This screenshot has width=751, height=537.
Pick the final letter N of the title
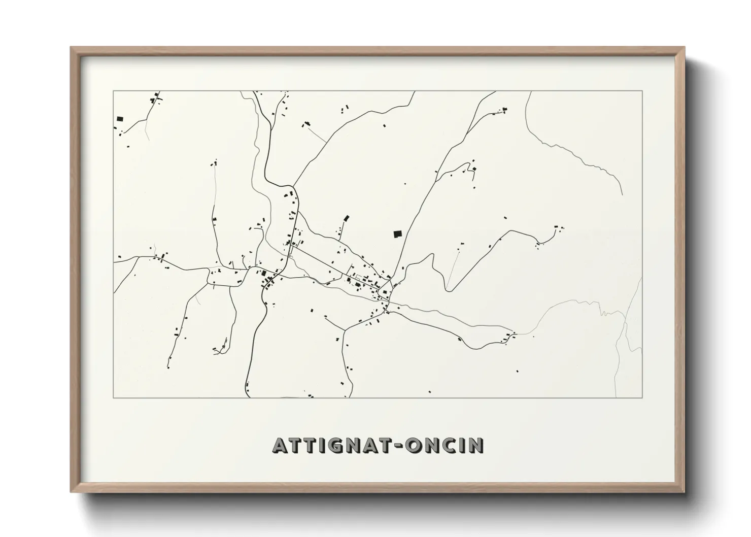click(476, 445)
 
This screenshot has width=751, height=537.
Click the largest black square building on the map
click(397, 234)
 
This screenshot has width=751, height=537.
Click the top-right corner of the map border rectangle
click(642, 91)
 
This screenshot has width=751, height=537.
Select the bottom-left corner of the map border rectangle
click(113, 397)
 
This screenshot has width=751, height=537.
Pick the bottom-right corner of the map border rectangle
click(642, 397)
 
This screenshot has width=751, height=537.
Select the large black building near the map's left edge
click(120, 119)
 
